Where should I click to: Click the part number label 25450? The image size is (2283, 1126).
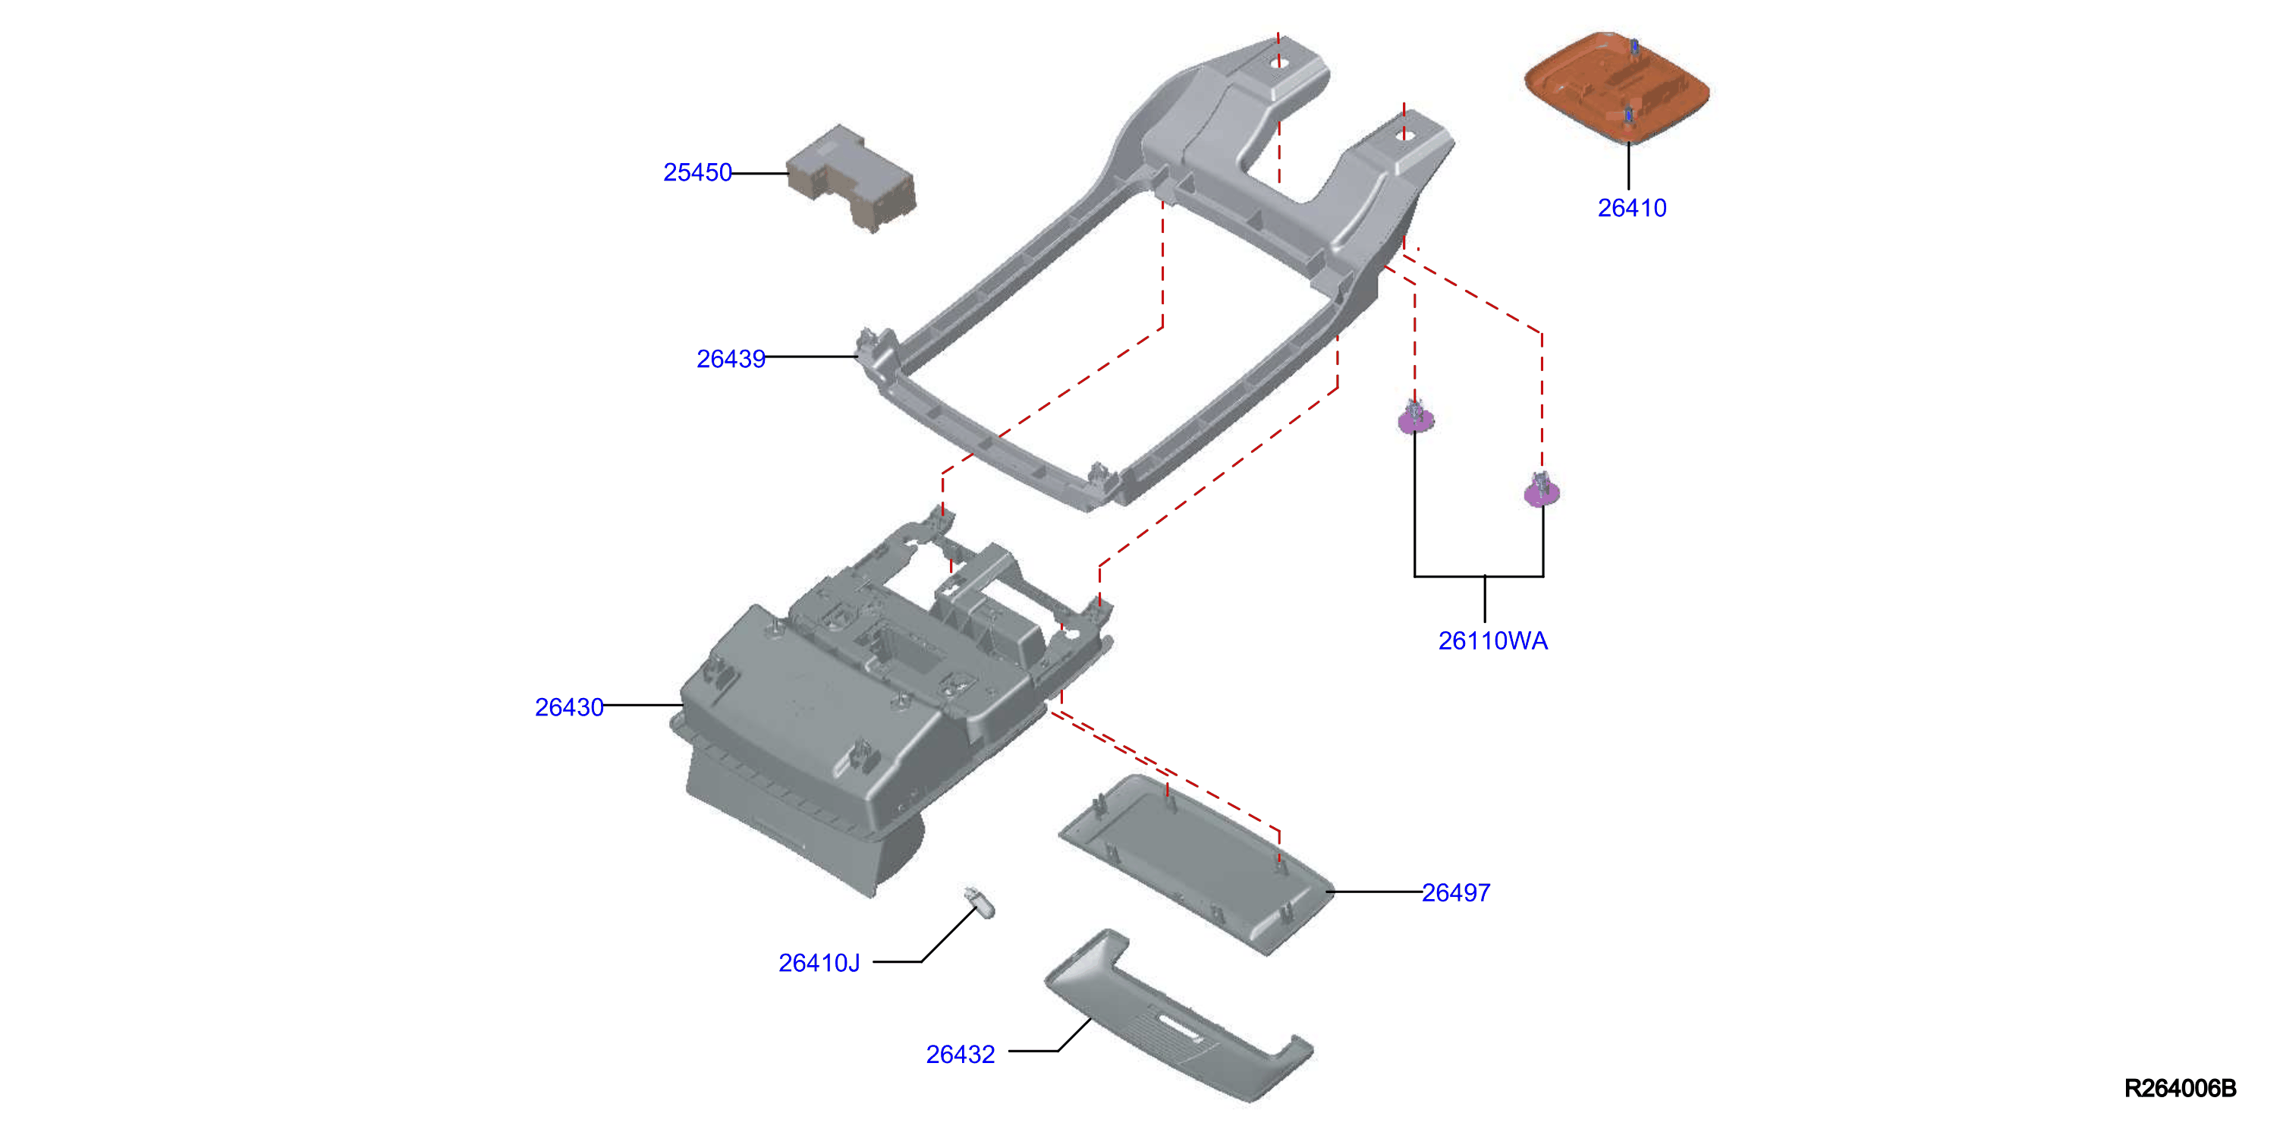coord(697,172)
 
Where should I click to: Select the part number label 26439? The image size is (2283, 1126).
coord(731,358)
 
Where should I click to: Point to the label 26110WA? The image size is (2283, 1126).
coord(1492,640)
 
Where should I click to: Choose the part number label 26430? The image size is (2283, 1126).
coord(569,706)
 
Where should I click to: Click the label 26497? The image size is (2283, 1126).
coord(1456,892)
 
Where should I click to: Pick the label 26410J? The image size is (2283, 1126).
coord(819,962)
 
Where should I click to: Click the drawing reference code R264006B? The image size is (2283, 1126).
coord(2181,1088)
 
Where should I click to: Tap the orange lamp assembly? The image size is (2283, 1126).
coord(1617,87)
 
